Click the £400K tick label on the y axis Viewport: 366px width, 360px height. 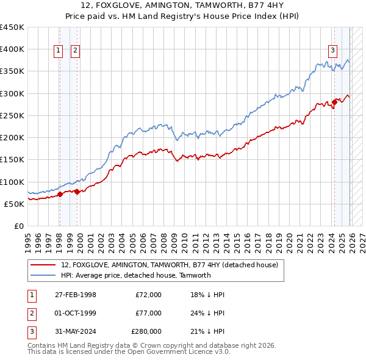(12, 49)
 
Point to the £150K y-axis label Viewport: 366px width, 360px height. (12, 160)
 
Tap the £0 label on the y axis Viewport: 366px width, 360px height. (18, 226)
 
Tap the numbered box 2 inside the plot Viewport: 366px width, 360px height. (75, 51)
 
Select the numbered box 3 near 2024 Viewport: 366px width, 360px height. (333, 51)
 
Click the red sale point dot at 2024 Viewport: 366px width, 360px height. (334, 102)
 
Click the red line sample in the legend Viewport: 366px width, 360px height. (43, 265)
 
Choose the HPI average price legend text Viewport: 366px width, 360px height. (135, 275)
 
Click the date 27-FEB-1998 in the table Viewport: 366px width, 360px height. (76, 295)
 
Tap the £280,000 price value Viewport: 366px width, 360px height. (146, 331)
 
